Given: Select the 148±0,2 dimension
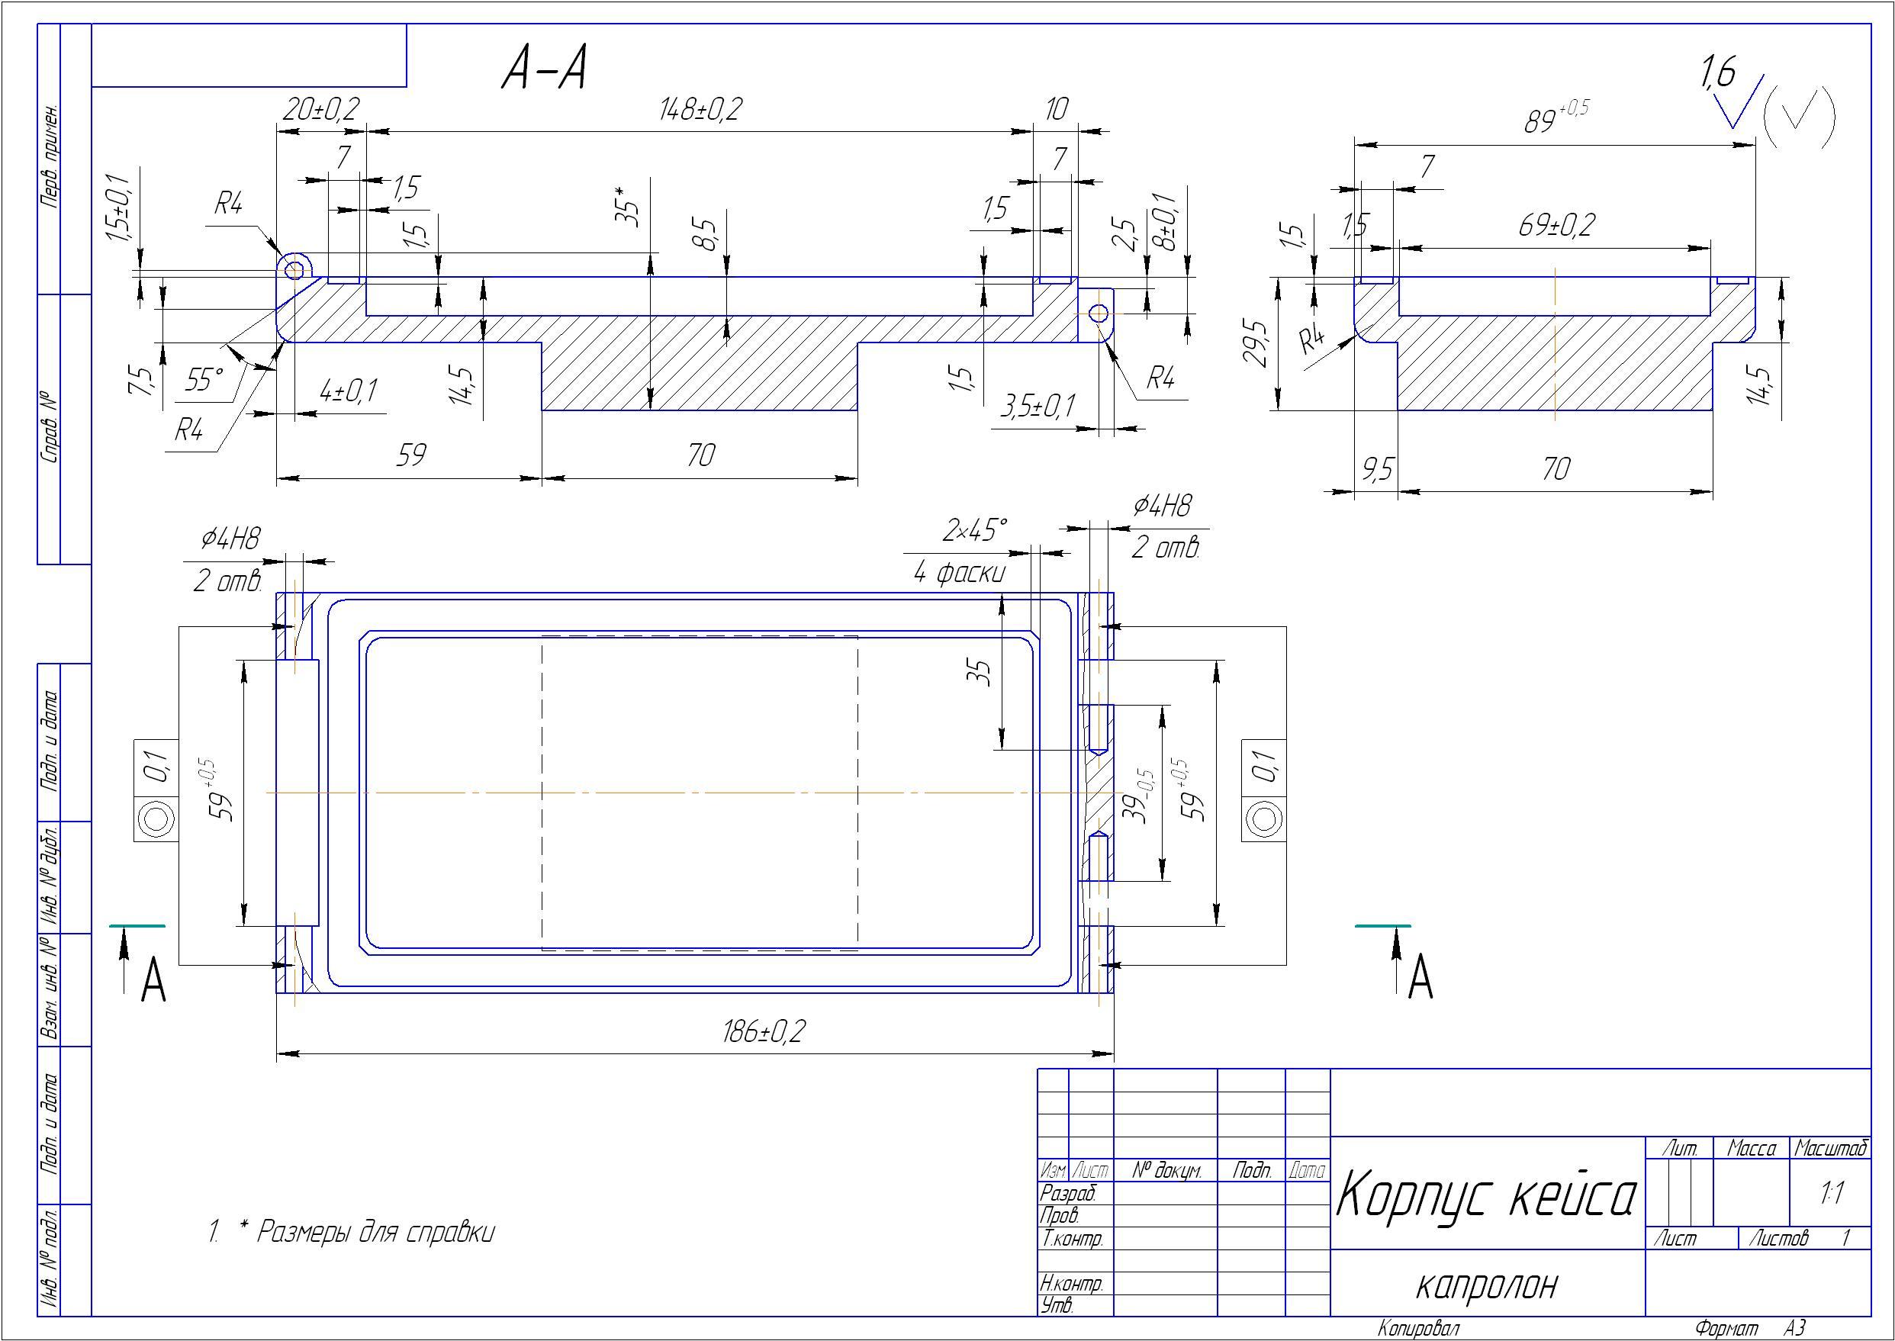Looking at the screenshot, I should tap(700, 110).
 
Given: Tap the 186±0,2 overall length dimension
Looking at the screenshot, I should tap(764, 1031).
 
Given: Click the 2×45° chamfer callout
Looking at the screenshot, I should tap(974, 530).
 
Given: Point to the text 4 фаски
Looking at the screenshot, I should tap(960, 572).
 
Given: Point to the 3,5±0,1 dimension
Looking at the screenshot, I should tap(1038, 407).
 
